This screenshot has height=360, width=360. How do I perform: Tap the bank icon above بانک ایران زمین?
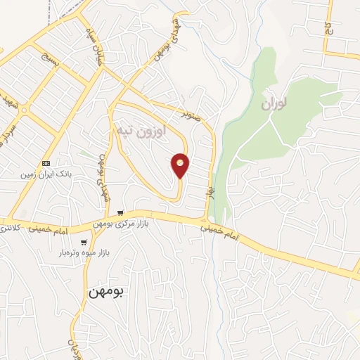pyautogui.click(x=47, y=162)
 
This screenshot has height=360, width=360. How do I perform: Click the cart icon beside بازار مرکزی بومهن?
pyautogui.click(x=121, y=213)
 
